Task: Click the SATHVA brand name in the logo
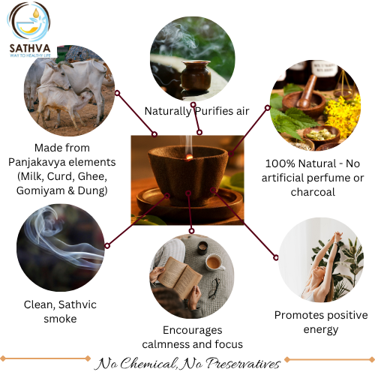pos(30,48)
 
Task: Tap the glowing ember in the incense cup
pos(189,157)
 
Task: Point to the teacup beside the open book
pos(214,262)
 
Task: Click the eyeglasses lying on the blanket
pos(214,288)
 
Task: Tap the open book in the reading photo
pos(179,277)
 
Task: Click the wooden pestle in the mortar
pos(306,91)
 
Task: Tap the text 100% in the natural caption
pos(280,164)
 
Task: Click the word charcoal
pos(313,192)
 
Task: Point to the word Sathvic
pos(77,304)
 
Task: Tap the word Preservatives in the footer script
pos(243,364)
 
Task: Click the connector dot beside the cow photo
pos(117,93)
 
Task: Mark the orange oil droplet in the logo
pos(36,13)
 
